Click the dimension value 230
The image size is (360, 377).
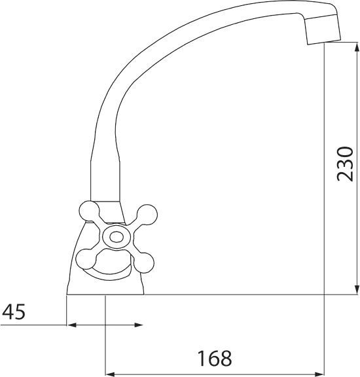point(346,164)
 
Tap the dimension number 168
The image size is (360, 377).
point(215,358)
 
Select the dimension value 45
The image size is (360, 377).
point(14,312)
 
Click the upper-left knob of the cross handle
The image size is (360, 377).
point(89,211)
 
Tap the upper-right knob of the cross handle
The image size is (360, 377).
point(147,215)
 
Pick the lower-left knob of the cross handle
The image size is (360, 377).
point(86,259)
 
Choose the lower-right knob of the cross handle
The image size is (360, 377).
point(143,262)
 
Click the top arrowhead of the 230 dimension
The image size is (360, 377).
point(357,46)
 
